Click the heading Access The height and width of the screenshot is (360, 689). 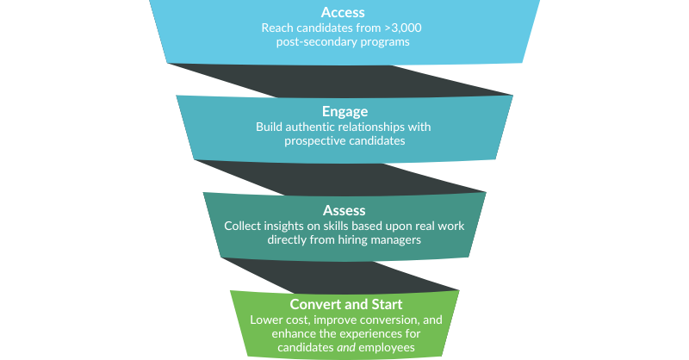click(343, 12)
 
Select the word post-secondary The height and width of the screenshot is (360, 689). click(313, 41)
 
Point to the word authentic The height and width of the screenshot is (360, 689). click(312, 127)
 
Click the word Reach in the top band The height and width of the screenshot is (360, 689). click(277, 28)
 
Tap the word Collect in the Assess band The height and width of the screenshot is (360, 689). click(244, 226)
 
